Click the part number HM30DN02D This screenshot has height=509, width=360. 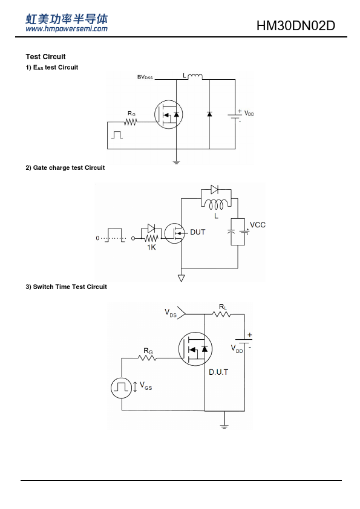point(296,25)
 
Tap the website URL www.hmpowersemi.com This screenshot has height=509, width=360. point(67,28)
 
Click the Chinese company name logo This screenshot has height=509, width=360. point(67,19)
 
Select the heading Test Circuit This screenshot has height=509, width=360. point(45,57)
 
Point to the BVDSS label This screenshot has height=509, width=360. point(145,77)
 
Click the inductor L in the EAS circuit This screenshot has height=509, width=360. point(195,77)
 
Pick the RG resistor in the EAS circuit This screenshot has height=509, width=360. point(130,122)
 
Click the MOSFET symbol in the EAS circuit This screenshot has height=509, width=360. point(168,115)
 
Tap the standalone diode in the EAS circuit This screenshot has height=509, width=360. point(209,114)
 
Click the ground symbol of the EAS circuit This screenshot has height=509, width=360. point(176,161)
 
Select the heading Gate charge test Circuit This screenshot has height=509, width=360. point(65,168)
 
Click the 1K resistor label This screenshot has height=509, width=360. point(151,247)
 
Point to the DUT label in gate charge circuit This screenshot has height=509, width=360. point(197,232)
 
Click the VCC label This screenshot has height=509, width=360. point(258,225)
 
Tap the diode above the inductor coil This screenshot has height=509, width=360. point(215,189)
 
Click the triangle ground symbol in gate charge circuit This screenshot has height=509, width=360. point(182,278)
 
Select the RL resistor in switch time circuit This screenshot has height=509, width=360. point(221,314)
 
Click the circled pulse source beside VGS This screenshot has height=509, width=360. point(122,387)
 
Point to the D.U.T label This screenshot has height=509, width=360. point(218,372)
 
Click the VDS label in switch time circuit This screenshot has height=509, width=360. point(171,313)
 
